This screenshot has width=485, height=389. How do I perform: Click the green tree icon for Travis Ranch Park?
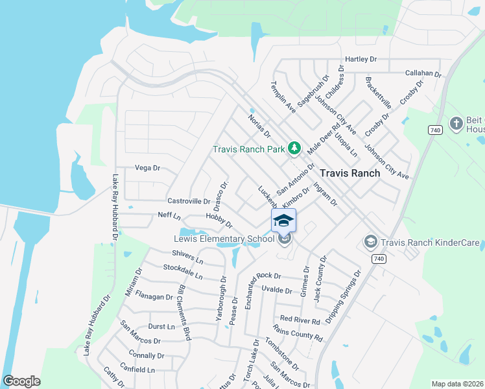(294, 148)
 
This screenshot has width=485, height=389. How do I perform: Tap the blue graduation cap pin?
(283, 221)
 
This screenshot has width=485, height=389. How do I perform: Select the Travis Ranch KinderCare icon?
(370, 242)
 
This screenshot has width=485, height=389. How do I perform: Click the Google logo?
(21, 381)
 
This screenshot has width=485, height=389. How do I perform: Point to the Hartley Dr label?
(361, 59)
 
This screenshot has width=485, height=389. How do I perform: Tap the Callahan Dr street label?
(423, 73)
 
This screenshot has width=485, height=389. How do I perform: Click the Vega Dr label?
(147, 168)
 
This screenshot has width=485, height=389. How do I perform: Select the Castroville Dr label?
(189, 201)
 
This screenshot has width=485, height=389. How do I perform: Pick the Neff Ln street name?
(169, 215)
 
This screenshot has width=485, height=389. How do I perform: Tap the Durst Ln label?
(161, 327)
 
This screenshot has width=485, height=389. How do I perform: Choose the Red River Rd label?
(298, 321)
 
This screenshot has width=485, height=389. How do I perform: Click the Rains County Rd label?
(298, 333)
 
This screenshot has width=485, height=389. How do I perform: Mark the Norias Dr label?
(259, 126)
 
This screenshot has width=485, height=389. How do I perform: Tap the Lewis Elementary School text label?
(224, 239)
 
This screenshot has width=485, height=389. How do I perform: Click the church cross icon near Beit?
(456, 123)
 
